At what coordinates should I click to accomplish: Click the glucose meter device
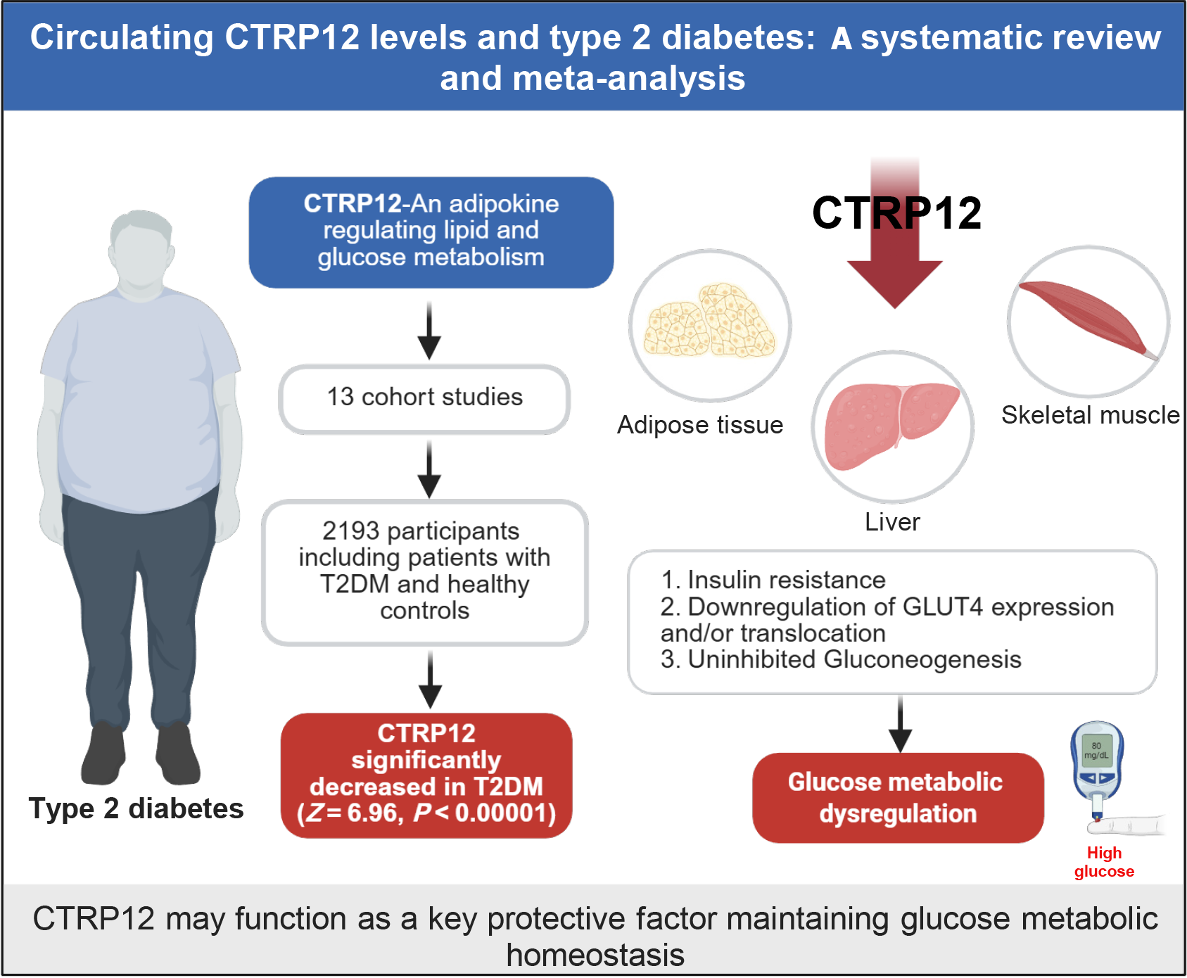pyautogui.click(x=1096, y=767)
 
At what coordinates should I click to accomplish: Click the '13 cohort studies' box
pyautogui.click(x=424, y=398)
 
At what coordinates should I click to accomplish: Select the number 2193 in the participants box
pyautogui.click(x=350, y=531)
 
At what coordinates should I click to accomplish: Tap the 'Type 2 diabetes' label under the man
pyautogui.click(x=136, y=808)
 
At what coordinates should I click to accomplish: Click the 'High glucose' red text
pyautogui.click(x=1104, y=862)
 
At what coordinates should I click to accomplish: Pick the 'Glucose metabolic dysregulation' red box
pyautogui.click(x=898, y=798)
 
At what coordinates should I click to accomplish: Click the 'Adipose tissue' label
pyautogui.click(x=700, y=425)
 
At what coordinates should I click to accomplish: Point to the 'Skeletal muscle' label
pyautogui.click(x=1091, y=415)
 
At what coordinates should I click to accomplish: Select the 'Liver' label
pyautogui.click(x=892, y=522)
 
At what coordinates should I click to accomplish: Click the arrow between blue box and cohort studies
pyautogui.click(x=429, y=331)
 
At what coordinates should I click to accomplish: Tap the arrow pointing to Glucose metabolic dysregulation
pyautogui.click(x=900, y=725)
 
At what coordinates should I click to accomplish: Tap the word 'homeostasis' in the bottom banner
pyautogui.click(x=595, y=955)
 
